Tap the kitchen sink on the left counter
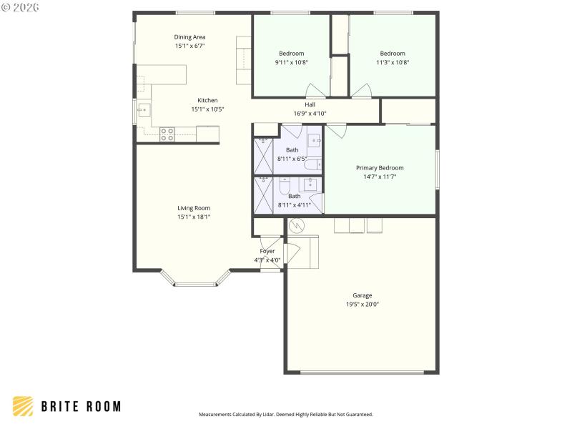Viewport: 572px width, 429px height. [143, 110]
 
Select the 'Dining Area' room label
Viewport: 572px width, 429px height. [190, 37]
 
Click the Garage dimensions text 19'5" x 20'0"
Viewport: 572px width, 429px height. [362, 304]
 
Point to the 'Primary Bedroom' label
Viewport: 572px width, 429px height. [380, 168]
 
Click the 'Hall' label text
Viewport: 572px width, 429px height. [310, 104]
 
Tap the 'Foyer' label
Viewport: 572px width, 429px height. [267, 251]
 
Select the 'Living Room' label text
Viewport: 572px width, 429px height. [194, 208]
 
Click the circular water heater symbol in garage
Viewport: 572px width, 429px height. [296, 227]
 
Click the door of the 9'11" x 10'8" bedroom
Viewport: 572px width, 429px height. [315, 91]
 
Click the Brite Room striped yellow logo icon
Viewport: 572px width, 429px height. [23, 406]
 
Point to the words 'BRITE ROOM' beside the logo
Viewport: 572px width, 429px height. [81, 406]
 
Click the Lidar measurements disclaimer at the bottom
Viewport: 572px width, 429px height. [285, 414]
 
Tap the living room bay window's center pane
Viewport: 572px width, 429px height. [194, 285]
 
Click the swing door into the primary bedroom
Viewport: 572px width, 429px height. [337, 131]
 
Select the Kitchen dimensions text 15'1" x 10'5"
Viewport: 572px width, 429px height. [208, 109]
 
